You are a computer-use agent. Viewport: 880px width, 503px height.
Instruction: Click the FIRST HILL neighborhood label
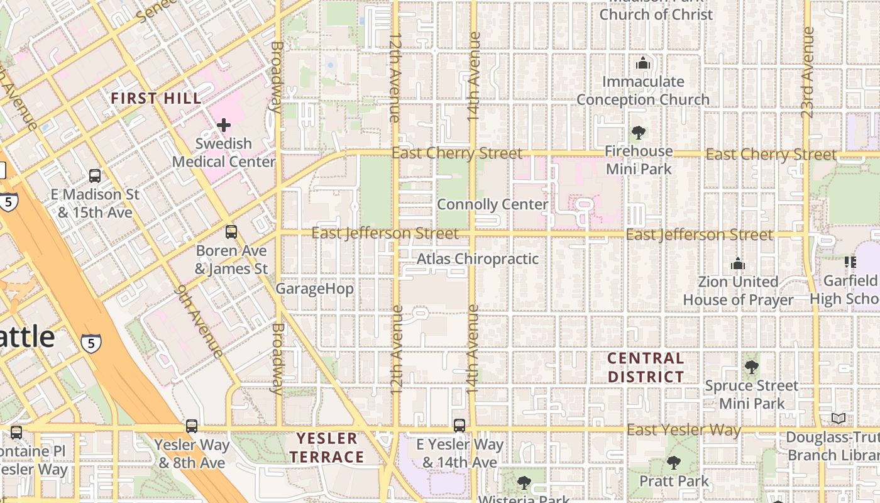coord(156,99)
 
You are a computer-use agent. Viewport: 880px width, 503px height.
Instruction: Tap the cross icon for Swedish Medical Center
coord(223,125)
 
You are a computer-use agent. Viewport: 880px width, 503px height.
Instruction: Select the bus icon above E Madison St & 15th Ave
coord(95,176)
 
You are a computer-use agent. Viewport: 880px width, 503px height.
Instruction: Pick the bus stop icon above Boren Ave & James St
coord(231,232)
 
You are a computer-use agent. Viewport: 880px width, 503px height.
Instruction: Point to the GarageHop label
coord(314,289)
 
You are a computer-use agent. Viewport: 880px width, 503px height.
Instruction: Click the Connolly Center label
coord(492,205)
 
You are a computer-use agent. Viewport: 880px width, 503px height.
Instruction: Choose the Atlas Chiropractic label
coord(478,259)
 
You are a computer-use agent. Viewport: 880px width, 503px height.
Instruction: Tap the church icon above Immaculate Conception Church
coord(642,63)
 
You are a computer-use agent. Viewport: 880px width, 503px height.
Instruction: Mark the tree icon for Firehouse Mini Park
coord(639,133)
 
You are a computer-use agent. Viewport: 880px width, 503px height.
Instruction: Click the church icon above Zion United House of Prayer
coord(738,263)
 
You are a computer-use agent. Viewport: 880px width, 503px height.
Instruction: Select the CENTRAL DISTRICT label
coord(646,368)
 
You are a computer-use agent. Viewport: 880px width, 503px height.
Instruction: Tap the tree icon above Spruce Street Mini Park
coord(751,367)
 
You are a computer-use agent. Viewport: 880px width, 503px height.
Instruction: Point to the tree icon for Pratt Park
coord(673,463)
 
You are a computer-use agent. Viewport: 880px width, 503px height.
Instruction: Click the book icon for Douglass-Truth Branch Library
coord(838,419)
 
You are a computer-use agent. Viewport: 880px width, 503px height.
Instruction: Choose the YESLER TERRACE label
coord(327,448)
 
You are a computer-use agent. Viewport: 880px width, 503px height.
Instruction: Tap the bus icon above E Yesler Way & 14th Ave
coord(459,426)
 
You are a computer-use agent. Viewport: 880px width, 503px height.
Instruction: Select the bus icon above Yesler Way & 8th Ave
coord(192,426)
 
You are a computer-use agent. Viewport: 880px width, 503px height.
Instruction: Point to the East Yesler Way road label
coord(684,430)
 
